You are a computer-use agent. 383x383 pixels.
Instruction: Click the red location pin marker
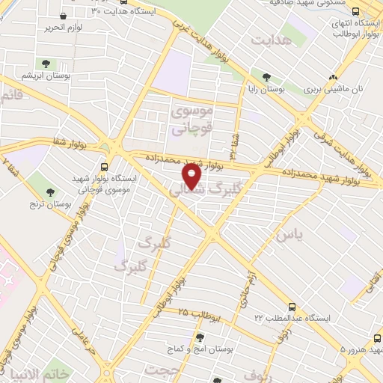tap(191, 177)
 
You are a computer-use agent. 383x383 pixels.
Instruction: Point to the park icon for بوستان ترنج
tap(52, 194)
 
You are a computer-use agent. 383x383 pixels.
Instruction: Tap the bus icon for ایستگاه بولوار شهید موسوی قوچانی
tap(104, 168)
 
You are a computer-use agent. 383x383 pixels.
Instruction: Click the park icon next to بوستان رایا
tap(266, 77)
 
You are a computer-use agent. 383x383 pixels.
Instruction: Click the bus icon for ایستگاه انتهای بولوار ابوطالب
tap(355, 12)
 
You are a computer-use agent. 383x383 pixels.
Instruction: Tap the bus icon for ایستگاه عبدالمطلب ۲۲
tap(292, 307)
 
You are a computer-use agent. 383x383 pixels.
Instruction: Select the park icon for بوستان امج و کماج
tap(200, 337)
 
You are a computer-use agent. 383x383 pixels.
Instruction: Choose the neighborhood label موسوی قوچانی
tap(192, 119)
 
